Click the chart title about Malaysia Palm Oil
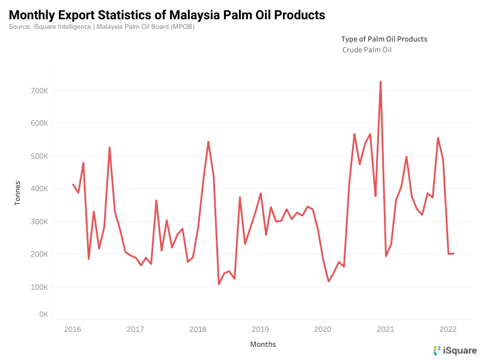(167, 14)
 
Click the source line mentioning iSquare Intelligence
(102, 26)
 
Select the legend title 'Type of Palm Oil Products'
(384, 38)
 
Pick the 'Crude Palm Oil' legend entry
(366, 50)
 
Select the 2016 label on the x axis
(73, 329)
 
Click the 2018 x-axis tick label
(198, 329)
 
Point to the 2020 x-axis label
(323, 329)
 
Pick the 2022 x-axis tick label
(448, 329)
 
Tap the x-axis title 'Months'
(263, 344)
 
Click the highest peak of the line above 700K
(380, 82)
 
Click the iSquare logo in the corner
(455, 350)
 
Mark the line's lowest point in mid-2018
(219, 284)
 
